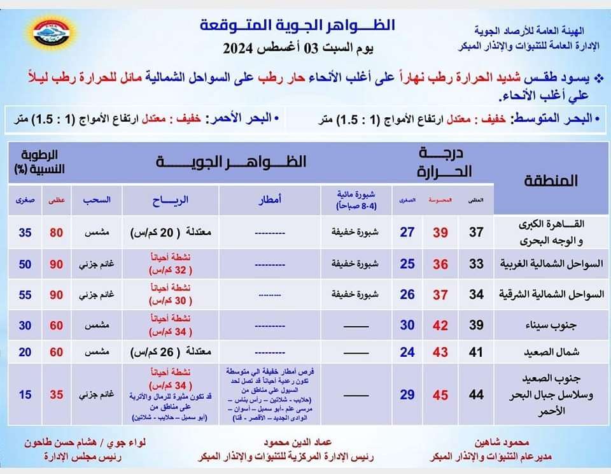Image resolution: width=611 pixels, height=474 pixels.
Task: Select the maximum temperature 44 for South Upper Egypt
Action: [x=476, y=395]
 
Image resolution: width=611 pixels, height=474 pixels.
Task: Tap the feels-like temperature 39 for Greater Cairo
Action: [x=440, y=233]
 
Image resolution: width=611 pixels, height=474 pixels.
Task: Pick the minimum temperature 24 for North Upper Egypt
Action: [x=407, y=352]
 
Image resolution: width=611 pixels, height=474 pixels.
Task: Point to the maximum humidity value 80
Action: [x=57, y=233]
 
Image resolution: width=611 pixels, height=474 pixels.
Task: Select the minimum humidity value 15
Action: [x=25, y=395]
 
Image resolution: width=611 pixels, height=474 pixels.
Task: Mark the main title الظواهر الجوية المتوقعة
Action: [x=297, y=26]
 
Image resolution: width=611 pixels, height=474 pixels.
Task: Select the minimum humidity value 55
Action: [x=25, y=294]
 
